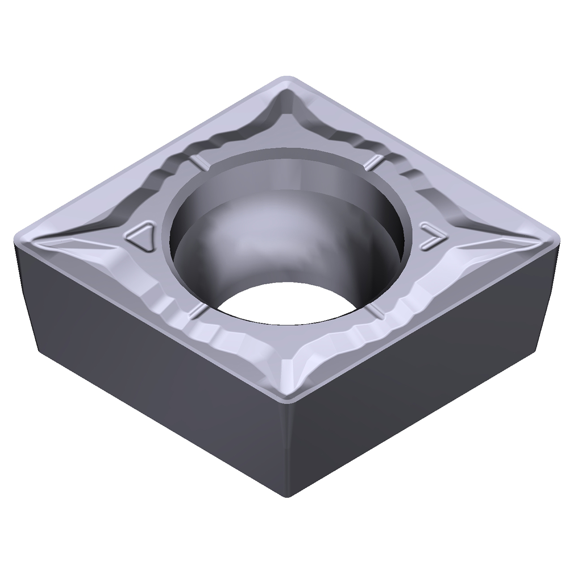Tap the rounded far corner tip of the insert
(x=287, y=79)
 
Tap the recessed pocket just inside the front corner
(x=287, y=363)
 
